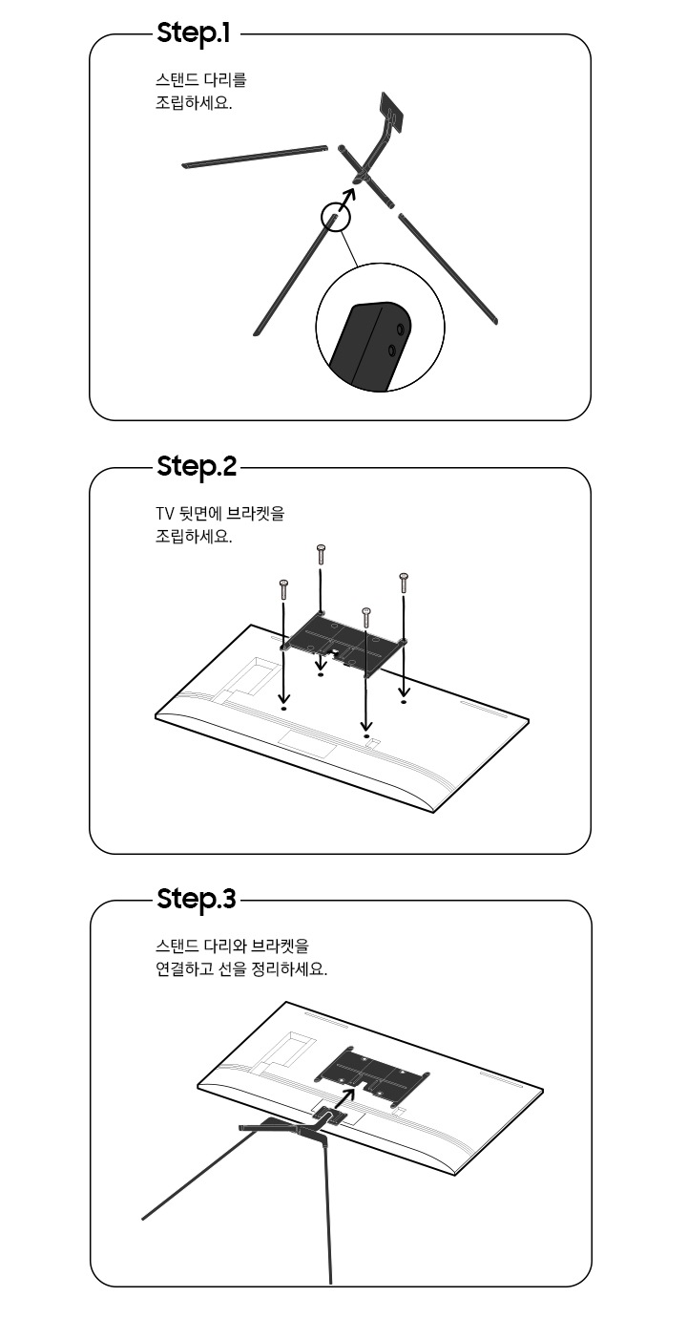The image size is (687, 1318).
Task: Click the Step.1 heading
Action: click(194, 34)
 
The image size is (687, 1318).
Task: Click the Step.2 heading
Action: click(197, 467)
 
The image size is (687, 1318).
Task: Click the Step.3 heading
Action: click(197, 899)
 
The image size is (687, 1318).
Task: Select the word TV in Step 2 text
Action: click(163, 514)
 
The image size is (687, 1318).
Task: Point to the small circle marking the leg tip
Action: click(336, 217)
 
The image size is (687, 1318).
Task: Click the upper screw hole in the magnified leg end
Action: click(400, 328)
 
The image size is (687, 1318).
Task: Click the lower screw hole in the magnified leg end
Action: click(392, 351)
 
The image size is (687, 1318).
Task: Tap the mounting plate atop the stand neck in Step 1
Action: click(391, 110)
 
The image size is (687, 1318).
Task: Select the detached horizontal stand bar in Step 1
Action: click(255, 157)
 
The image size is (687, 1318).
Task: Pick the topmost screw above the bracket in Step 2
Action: click(321, 554)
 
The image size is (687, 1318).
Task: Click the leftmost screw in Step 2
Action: click(283, 589)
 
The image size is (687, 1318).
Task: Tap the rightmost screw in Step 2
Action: click(404, 583)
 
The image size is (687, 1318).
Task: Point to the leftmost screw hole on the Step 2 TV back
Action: click(283, 709)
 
